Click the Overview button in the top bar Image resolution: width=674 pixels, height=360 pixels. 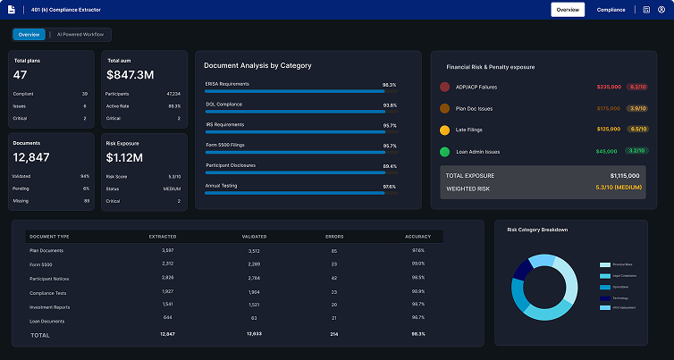[x=568, y=9]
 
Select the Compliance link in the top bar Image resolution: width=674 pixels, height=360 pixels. [x=611, y=9]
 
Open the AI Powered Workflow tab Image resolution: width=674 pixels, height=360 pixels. [x=80, y=35]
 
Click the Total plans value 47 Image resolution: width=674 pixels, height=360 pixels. [x=21, y=75]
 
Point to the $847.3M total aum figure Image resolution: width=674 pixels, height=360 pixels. [x=131, y=75]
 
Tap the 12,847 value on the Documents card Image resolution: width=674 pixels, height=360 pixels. [x=31, y=157]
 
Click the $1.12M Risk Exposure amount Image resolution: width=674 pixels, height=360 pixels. [x=124, y=157]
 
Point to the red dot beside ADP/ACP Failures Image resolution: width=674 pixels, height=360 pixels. [x=445, y=87]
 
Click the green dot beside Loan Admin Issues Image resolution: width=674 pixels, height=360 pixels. [x=445, y=152]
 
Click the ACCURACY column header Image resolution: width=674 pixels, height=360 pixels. [x=417, y=237]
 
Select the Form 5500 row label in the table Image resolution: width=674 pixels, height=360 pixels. [x=42, y=264]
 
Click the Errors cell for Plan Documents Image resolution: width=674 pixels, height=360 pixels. [x=333, y=250]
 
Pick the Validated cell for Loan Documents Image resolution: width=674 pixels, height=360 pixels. [x=254, y=317]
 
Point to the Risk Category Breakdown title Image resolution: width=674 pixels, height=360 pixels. [x=537, y=230]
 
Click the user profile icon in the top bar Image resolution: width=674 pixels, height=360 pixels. [x=661, y=9]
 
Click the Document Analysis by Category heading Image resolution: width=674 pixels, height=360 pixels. [x=257, y=65]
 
